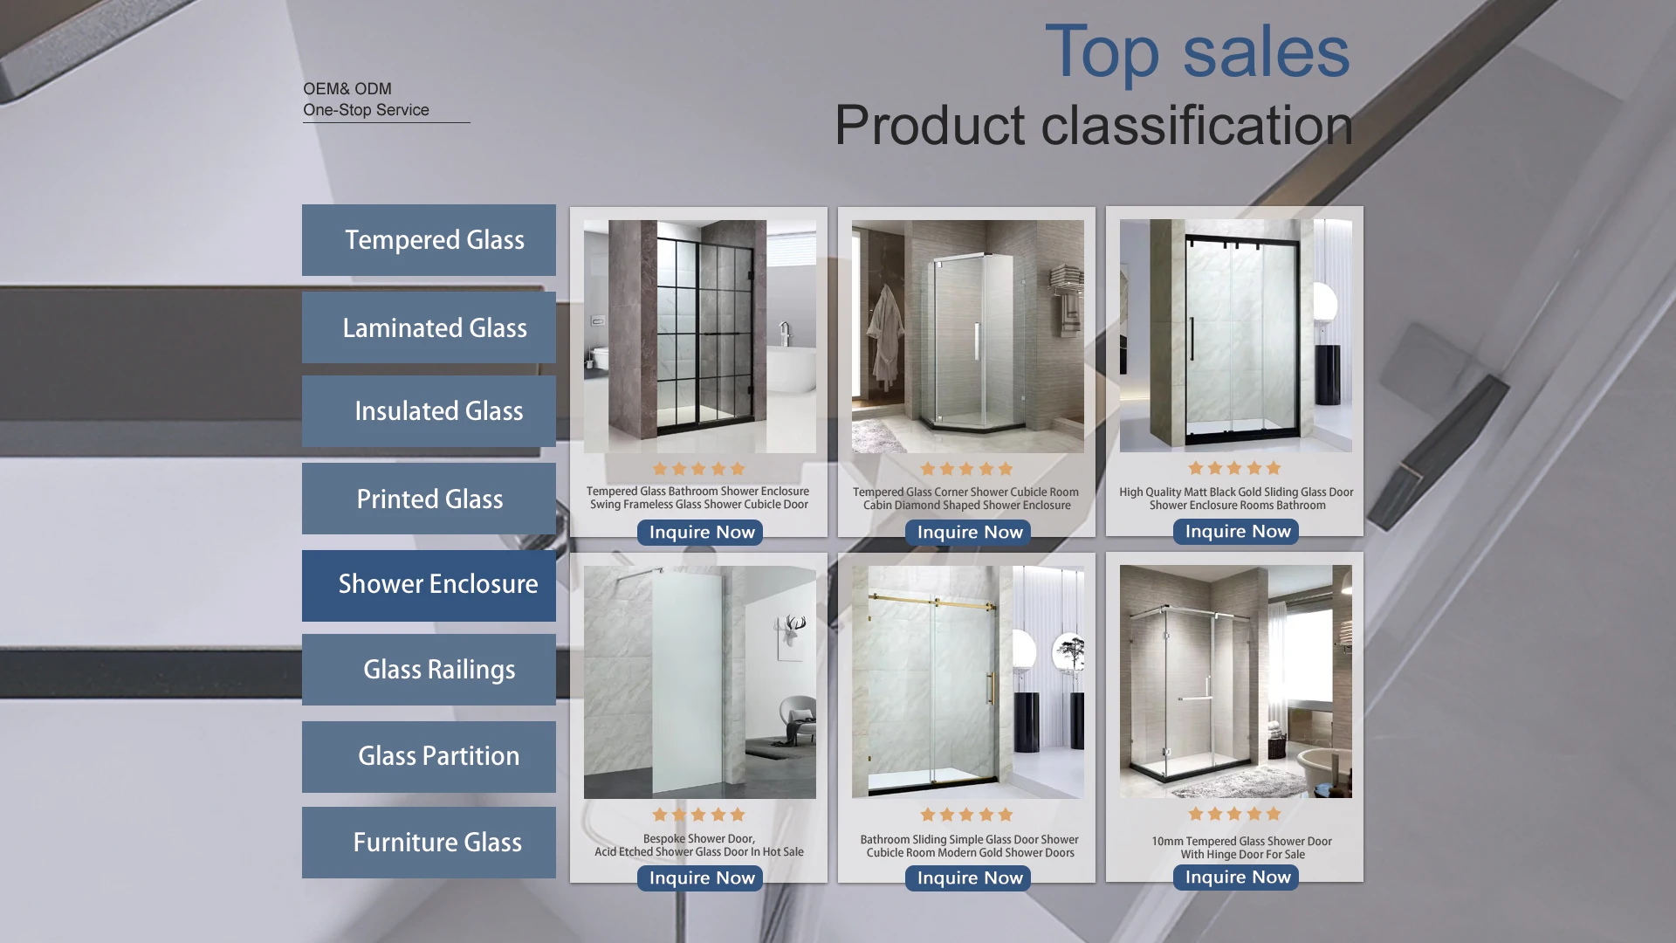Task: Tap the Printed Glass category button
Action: pyautogui.click(x=429, y=499)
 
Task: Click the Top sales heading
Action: pyautogui.click(x=1197, y=52)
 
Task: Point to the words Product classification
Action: pyautogui.click(x=1094, y=126)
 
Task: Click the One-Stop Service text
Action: pyautogui.click(x=366, y=110)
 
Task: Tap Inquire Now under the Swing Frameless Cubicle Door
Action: pyautogui.click(x=701, y=533)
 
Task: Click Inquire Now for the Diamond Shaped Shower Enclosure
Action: pyautogui.click(x=969, y=533)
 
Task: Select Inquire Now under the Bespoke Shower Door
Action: pyautogui.click(x=701, y=878)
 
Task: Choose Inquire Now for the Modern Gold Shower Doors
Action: pyautogui.click(x=969, y=878)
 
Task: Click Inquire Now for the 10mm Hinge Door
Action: pyautogui.click(x=1237, y=878)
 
